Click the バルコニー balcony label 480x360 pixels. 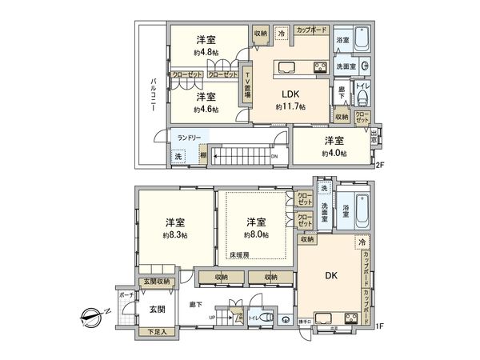click(151, 94)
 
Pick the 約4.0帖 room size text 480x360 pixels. click(334, 153)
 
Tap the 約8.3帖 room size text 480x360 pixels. click(174, 235)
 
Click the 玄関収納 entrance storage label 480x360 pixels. click(157, 281)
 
